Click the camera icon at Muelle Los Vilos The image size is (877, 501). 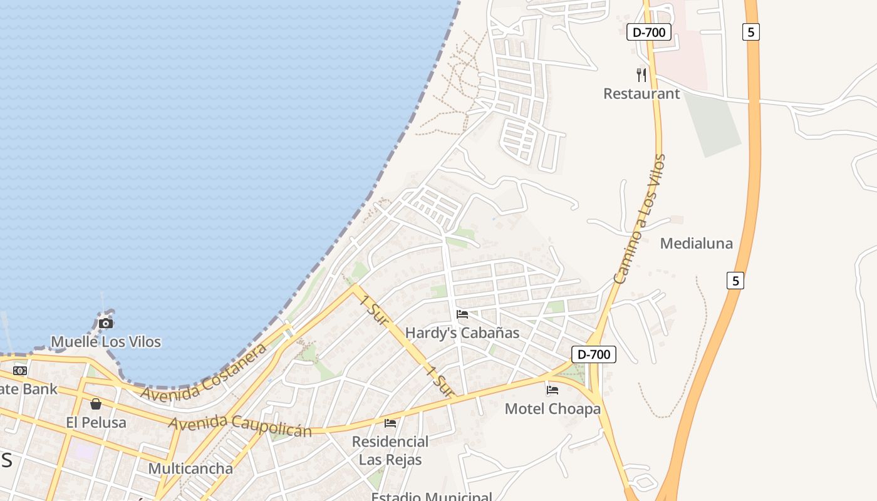[x=106, y=323]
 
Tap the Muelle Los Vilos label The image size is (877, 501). [x=106, y=342]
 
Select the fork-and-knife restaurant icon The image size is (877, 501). [x=641, y=75]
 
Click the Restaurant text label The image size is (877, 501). [x=641, y=94]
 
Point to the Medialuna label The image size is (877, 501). [x=696, y=244]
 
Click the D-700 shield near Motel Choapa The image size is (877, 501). [x=594, y=354]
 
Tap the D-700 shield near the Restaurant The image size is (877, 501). [x=649, y=32]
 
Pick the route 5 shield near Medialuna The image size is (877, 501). [x=735, y=281]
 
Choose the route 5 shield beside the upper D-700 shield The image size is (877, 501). [x=751, y=32]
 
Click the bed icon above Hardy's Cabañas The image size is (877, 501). [x=462, y=314]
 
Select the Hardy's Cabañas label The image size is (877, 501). [x=462, y=333]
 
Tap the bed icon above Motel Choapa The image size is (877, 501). [x=552, y=390]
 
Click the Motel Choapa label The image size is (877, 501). [x=553, y=409]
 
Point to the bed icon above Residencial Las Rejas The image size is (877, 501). [x=390, y=423]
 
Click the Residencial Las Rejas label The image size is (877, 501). [x=390, y=450]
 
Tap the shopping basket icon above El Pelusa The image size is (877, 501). [x=96, y=404]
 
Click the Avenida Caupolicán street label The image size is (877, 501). [x=240, y=425]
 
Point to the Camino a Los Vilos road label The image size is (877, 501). [x=639, y=219]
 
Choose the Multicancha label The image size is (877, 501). [x=190, y=468]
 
